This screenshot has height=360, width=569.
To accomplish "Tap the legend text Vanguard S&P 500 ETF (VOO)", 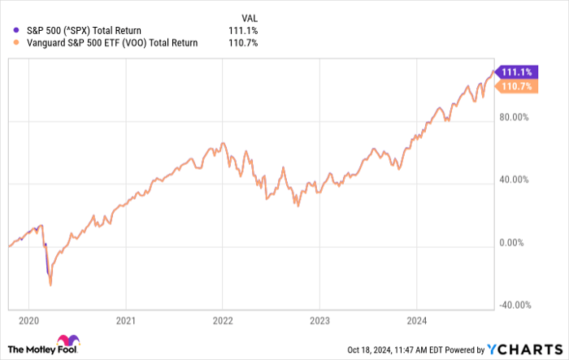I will click(x=95, y=43).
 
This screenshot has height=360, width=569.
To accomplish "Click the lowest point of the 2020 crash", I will click(x=50, y=285).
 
